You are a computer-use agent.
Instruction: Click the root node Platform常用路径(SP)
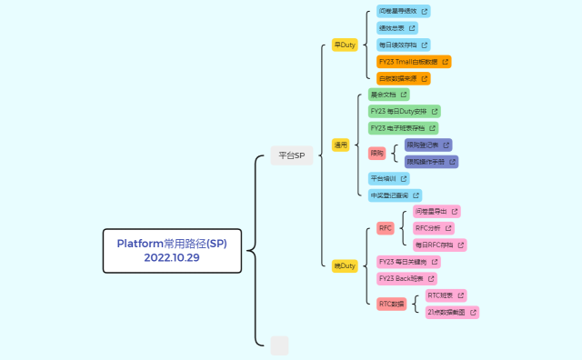click(172, 244)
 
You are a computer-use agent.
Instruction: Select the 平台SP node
click(291, 155)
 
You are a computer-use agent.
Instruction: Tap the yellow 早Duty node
click(345, 45)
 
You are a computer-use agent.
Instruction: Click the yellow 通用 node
click(341, 145)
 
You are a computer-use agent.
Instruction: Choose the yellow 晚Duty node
click(345, 265)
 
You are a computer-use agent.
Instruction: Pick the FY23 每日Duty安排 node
click(404, 111)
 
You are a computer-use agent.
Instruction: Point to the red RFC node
click(385, 228)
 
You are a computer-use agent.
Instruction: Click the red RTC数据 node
click(392, 304)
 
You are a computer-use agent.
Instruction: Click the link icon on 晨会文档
click(403, 95)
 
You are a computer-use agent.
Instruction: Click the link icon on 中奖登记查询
click(416, 195)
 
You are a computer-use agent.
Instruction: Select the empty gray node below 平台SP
click(279, 345)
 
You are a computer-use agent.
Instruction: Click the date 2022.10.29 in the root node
click(172, 257)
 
